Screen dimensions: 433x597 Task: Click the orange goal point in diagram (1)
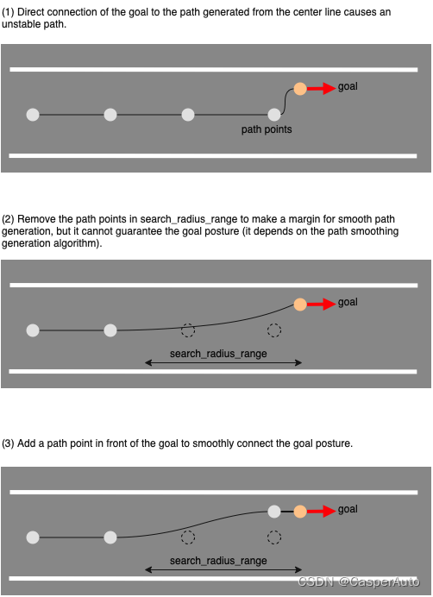tap(300, 89)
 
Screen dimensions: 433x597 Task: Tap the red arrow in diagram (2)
tap(322, 305)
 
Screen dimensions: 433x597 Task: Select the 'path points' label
tap(267, 129)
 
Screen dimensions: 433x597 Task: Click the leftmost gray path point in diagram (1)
tap(33, 115)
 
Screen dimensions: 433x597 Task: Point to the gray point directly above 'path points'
tap(274, 115)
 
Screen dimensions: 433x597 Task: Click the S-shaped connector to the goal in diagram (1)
tap(286, 101)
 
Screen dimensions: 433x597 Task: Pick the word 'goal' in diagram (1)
tap(348, 86)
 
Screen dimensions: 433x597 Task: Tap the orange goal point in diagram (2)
tap(300, 305)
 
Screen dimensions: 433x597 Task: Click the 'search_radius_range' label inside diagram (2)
tap(218, 354)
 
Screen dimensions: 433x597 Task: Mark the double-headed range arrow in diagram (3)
tap(223, 570)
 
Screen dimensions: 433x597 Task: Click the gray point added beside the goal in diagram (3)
tap(274, 512)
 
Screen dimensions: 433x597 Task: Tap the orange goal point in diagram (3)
tap(300, 512)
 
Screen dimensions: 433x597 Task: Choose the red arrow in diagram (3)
tap(322, 512)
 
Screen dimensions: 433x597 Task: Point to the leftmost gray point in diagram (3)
tap(33, 537)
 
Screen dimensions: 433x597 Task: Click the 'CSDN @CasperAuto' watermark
tap(358, 581)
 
